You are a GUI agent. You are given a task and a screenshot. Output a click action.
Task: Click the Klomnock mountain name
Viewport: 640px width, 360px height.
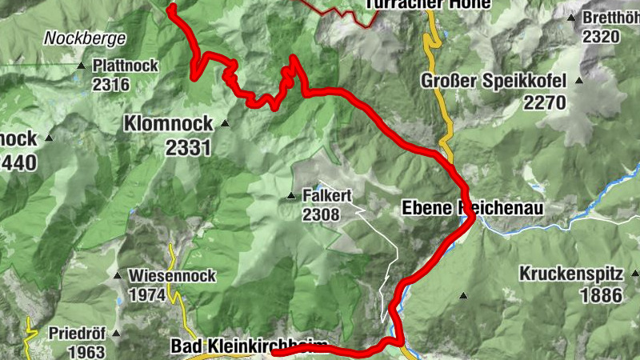tap(168, 123)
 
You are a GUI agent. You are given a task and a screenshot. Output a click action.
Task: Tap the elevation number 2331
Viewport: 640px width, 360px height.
tap(188, 147)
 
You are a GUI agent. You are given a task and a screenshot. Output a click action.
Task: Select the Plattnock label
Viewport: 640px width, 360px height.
tap(126, 65)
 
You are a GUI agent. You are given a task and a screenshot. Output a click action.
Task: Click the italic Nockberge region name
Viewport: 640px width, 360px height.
tap(85, 38)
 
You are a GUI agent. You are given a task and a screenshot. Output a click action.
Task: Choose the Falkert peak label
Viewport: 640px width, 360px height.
tap(327, 195)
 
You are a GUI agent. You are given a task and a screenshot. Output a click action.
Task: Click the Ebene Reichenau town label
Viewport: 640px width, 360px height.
tap(472, 208)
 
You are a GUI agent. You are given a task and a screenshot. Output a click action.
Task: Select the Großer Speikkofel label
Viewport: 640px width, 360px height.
tap(494, 81)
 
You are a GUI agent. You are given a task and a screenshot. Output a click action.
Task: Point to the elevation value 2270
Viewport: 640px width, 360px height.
tap(546, 102)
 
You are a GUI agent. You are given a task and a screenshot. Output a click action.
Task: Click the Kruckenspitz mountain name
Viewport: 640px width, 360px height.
tap(570, 273)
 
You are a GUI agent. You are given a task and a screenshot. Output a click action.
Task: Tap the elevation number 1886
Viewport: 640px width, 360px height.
tap(602, 295)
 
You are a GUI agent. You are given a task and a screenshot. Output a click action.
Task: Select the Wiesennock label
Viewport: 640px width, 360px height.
tap(173, 276)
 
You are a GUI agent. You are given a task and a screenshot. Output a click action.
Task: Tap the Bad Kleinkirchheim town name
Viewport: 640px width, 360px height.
tap(250, 346)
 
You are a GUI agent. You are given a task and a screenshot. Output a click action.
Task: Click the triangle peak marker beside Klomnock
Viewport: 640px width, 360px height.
tap(225, 123)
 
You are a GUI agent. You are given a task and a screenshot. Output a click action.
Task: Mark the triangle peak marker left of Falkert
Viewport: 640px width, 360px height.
tap(291, 196)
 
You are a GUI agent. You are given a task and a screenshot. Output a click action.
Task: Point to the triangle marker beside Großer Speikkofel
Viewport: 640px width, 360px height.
tap(578, 81)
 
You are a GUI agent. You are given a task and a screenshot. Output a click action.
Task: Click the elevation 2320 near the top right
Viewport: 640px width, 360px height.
tap(602, 36)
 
